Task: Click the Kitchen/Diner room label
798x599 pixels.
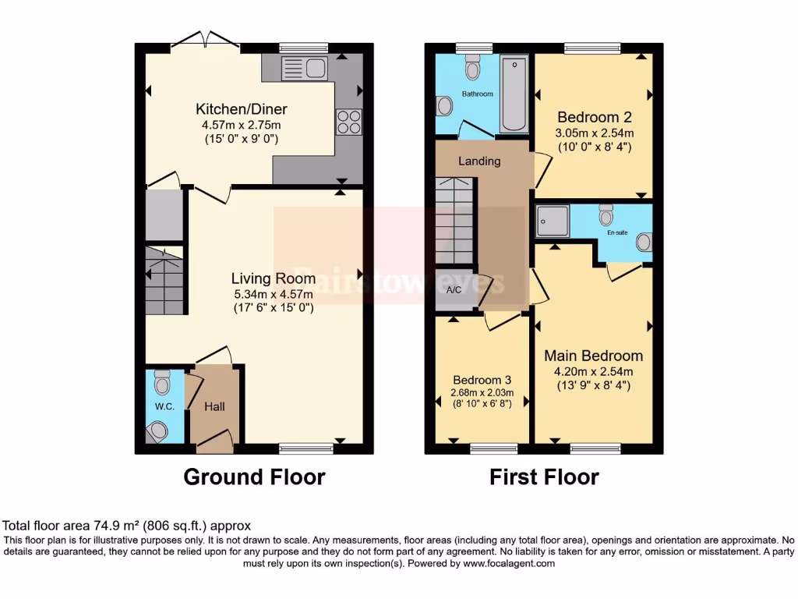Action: [230, 109]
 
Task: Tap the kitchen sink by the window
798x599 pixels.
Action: [305, 68]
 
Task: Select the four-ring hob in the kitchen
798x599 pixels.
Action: [348, 122]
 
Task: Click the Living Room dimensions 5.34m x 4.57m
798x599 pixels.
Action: [273, 294]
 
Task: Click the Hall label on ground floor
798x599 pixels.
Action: [214, 406]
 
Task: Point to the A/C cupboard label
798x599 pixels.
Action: [454, 290]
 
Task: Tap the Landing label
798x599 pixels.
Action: [479, 161]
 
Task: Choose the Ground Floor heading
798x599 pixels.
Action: [254, 477]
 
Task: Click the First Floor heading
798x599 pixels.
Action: [544, 477]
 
